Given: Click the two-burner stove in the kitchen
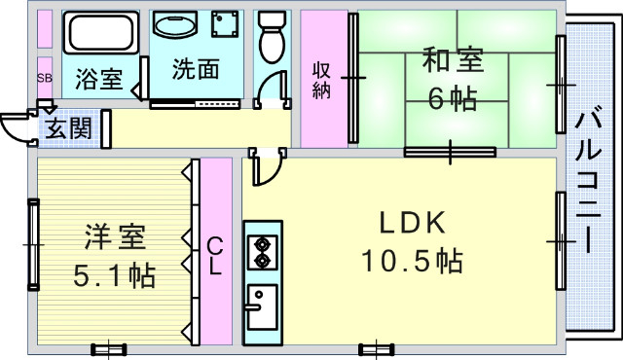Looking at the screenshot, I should tap(261, 253).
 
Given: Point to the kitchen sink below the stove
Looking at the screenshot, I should tap(261, 310).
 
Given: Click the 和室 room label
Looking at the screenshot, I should tap(452, 61).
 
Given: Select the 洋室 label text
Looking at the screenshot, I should tap(115, 236).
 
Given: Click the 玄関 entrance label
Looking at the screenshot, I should tap(69, 127).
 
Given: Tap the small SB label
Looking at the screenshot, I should tap(45, 76).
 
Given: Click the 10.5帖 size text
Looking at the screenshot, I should tap(412, 261).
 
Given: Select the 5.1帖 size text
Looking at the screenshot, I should tap(115, 275).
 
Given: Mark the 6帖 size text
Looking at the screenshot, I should tap(452, 98).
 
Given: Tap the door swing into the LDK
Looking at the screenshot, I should tap(263, 170).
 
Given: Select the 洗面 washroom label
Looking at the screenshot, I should tap(195, 70).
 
